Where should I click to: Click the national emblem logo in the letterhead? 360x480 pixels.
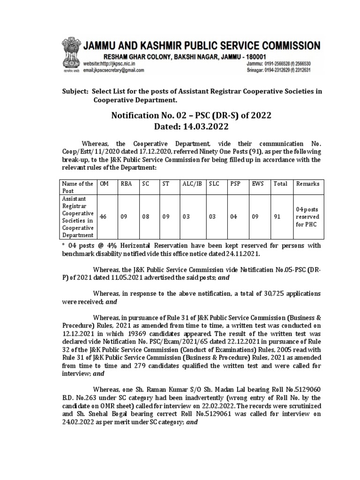point(69,55)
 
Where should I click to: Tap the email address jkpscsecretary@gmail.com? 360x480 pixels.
point(115,70)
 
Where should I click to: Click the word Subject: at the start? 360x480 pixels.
point(75,91)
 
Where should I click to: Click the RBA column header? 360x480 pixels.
point(127,184)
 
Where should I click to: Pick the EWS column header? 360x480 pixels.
point(257,184)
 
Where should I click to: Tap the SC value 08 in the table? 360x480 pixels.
point(146,217)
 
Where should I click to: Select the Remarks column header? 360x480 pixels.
point(307,184)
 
